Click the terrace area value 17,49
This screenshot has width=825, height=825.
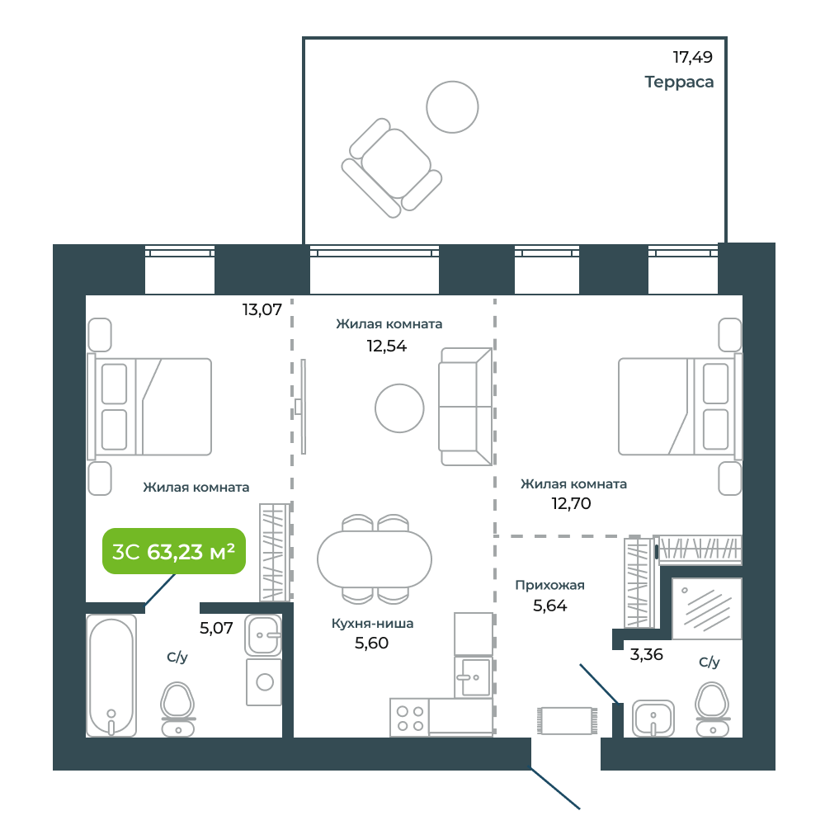pyautogui.click(x=692, y=57)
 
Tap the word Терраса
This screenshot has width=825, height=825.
pyautogui.click(x=679, y=82)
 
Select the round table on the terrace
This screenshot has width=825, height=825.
pyautogui.click(x=452, y=106)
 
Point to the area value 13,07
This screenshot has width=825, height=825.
pyautogui.click(x=262, y=309)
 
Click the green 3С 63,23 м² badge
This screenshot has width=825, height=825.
pyautogui.click(x=173, y=551)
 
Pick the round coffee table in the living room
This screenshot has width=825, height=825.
pyautogui.click(x=399, y=408)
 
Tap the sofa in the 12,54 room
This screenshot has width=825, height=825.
pyautogui.click(x=466, y=407)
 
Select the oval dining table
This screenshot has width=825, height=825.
pyautogui.click(x=375, y=559)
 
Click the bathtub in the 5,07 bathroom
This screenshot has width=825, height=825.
pyautogui.click(x=111, y=676)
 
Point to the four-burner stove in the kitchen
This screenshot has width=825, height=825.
pyautogui.click(x=410, y=718)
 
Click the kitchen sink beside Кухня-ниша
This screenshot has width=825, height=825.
pyautogui.click(x=474, y=676)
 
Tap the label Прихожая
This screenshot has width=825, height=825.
pyautogui.click(x=549, y=585)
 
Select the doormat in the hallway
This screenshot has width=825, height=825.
pyautogui.click(x=568, y=721)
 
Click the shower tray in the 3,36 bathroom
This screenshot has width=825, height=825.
pyautogui.click(x=707, y=609)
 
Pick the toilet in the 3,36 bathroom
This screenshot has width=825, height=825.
pyautogui.click(x=713, y=709)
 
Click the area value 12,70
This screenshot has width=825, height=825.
pyautogui.click(x=571, y=503)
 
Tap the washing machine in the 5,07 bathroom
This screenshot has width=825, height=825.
pyautogui.click(x=264, y=682)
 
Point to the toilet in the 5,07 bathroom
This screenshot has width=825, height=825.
pyautogui.click(x=178, y=709)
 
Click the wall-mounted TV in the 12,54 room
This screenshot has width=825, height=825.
pyautogui.click(x=302, y=406)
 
